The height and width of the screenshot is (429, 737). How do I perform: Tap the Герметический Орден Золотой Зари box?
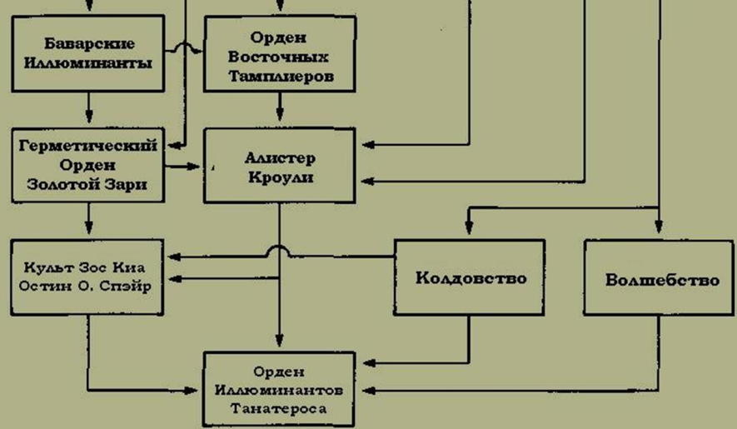(87, 164)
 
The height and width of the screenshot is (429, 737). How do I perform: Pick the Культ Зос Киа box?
(87, 277)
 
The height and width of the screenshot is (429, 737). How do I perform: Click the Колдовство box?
(471, 278)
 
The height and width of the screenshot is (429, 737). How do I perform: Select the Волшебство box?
(661, 278)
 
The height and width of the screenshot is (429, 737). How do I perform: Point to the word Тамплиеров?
(279, 76)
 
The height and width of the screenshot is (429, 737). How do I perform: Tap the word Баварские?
(87, 43)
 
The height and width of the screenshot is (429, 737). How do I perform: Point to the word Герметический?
(87, 145)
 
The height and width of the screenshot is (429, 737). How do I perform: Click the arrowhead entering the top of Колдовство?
(469, 227)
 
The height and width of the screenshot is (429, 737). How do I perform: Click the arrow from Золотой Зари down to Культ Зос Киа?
(87, 220)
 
